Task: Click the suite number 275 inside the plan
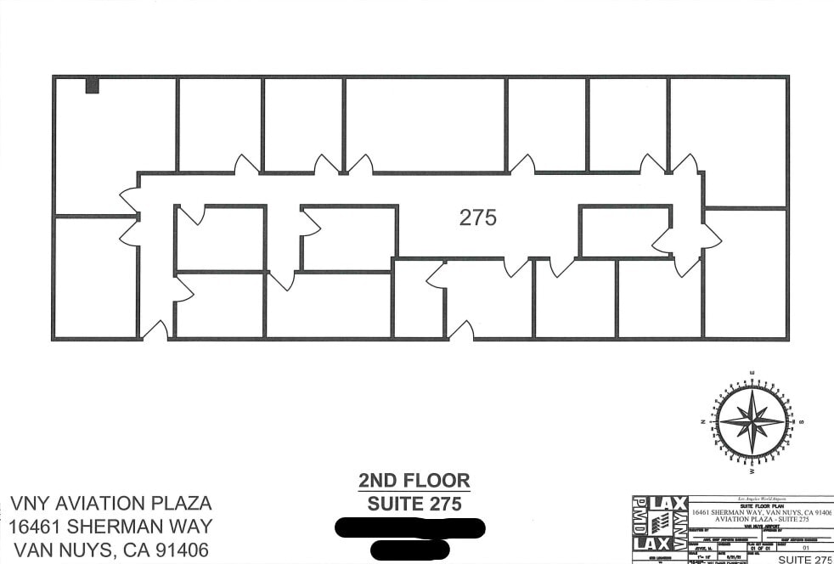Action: [x=477, y=217]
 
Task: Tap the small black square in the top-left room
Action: [x=92, y=86]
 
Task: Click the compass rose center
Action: [x=751, y=420]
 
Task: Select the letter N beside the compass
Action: [x=703, y=421]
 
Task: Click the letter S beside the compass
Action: [x=800, y=421]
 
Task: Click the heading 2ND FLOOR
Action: [x=414, y=482]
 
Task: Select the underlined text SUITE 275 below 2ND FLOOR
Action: [x=414, y=504]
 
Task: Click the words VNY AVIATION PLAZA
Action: [x=110, y=504]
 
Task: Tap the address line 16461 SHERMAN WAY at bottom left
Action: [x=110, y=527]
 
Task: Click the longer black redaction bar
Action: [x=411, y=527]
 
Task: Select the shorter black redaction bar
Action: [x=410, y=550]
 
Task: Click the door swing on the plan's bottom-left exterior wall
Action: [x=155, y=331]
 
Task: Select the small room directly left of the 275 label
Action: [x=349, y=237]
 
